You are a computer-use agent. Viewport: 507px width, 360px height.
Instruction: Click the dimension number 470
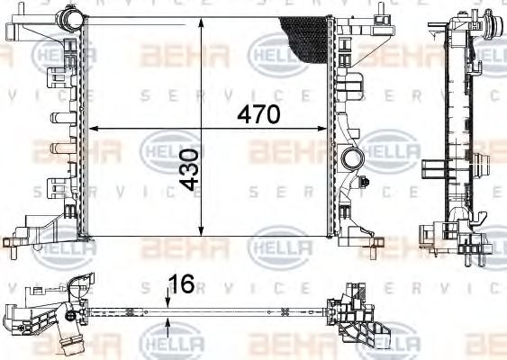[259, 115]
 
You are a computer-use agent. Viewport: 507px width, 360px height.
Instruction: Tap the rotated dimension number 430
[187, 170]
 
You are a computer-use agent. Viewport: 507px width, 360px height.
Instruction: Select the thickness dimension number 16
[183, 283]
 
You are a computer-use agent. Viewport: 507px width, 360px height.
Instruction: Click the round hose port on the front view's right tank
[350, 160]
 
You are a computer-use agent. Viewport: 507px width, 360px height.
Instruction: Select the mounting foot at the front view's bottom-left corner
[20, 240]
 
